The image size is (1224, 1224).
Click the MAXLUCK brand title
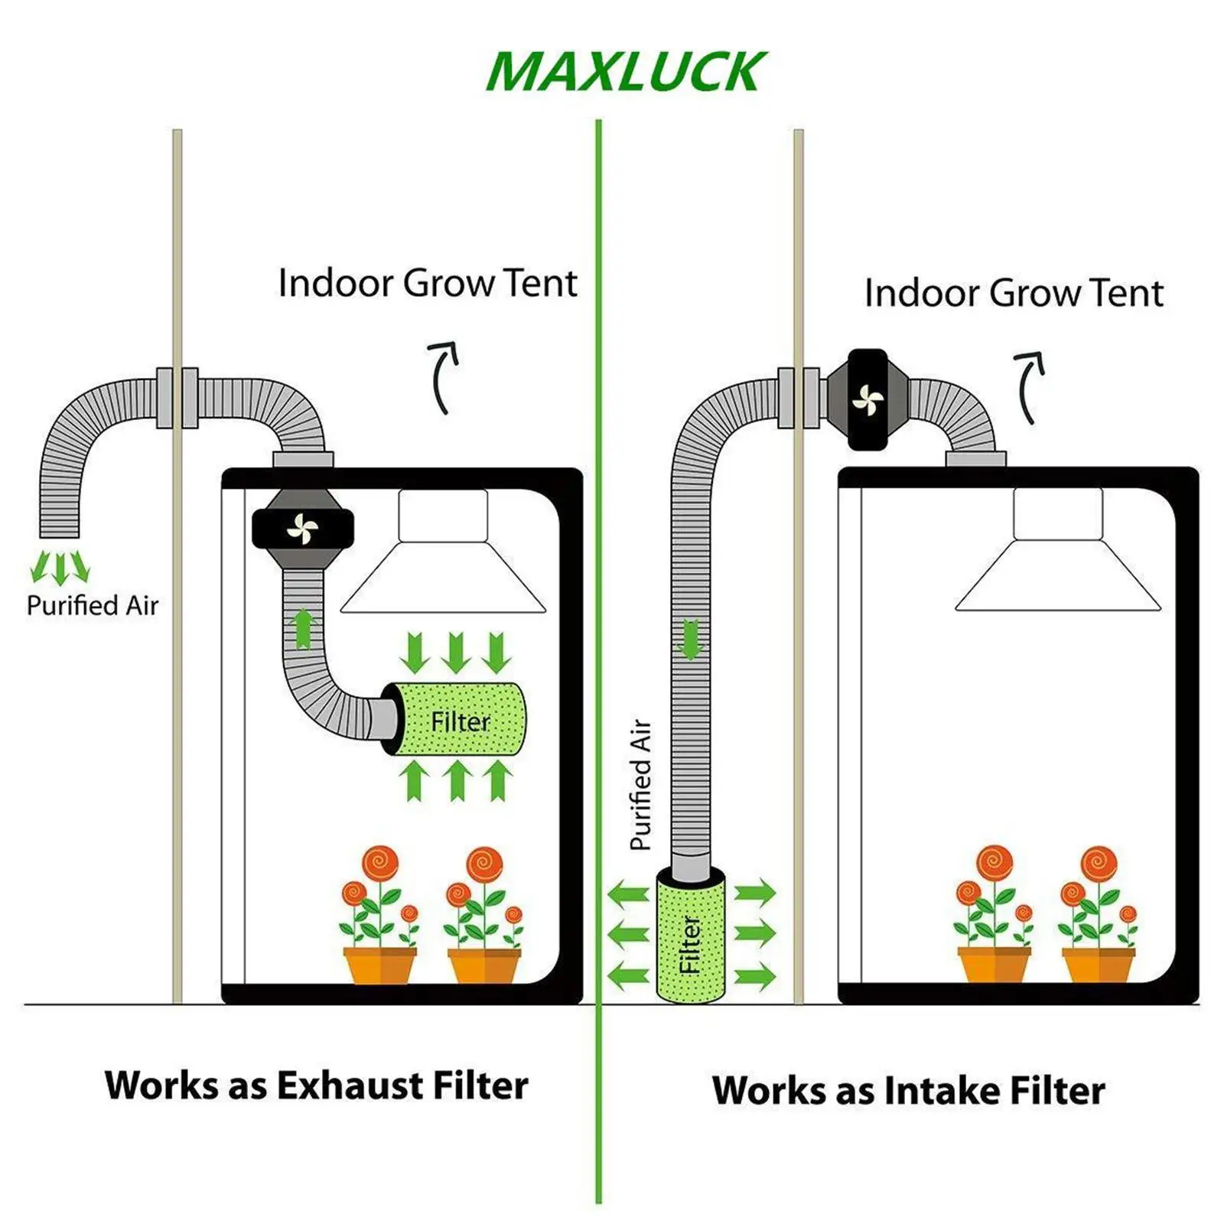tap(625, 72)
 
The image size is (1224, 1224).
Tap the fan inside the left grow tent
tap(302, 529)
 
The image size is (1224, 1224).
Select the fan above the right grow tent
tap(868, 399)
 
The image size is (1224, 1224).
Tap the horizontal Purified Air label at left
tap(93, 605)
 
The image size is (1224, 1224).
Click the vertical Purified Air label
tap(640, 784)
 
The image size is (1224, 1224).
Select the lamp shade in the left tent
tap(443, 551)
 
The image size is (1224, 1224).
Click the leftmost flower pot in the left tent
tap(380, 965)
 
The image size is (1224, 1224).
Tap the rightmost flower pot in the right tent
tap(1099, 965)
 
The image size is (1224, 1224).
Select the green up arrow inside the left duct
tap(304, 628)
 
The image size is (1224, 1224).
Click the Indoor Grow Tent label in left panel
tap(427, 283)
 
